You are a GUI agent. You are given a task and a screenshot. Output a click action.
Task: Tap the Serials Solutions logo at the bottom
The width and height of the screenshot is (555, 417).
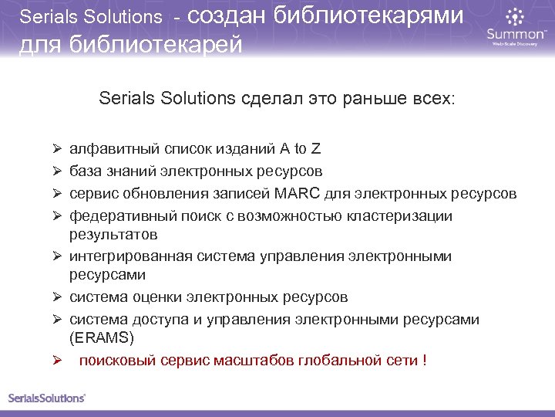click(x=46, y=398)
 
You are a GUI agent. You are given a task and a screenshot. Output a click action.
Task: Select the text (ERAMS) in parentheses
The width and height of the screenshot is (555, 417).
click(x=101, y=337)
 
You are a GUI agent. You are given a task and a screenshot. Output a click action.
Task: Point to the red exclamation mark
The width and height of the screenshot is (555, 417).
click(x=425, y=360)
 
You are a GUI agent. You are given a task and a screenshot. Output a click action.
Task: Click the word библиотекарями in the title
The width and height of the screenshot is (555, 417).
click(x=368, y=15)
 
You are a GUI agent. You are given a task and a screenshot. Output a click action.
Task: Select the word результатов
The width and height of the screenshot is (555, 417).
click(x=113, y=234)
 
